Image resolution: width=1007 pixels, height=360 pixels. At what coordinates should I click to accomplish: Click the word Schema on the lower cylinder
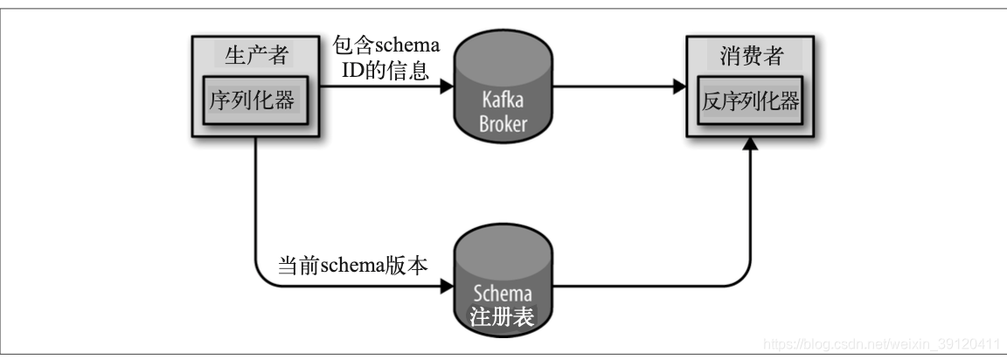pyautogui.click(x=504, y=293)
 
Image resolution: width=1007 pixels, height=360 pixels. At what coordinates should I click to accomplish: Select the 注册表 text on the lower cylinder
pyautogui.click(x=504, y=316)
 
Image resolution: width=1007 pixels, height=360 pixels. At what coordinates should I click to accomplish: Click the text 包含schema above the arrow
pyautogui.click(x=385, y=45)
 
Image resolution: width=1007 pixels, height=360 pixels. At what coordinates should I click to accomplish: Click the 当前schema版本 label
pyautogui.click(x=352, y=266)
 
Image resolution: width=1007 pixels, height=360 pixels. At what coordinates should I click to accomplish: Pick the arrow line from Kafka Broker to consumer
pyautogui.click(x=612, y=87)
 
